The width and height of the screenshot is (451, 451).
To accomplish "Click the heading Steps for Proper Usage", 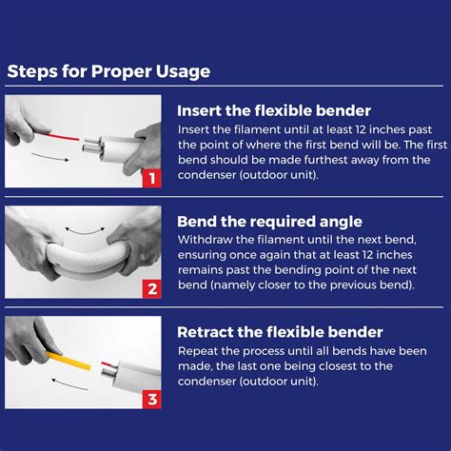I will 108,71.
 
